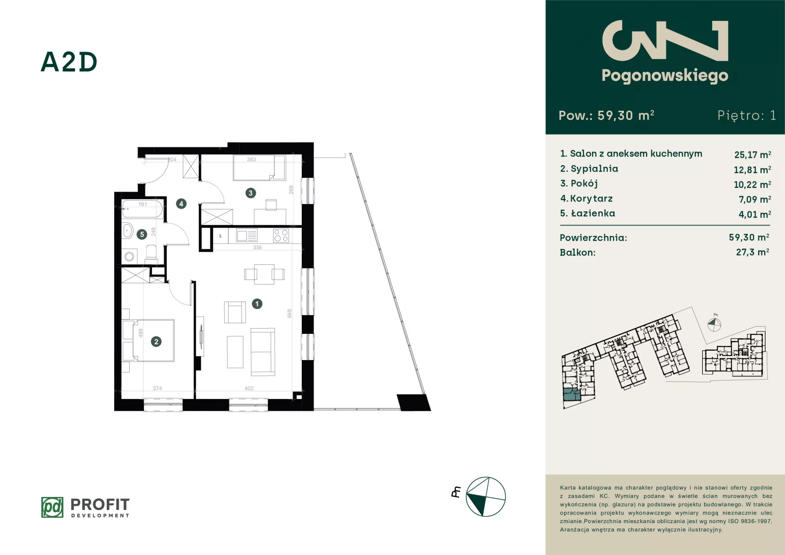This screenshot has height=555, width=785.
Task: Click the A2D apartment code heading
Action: (x=69, y=63)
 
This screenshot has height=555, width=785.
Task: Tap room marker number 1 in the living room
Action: (x=257, y=304)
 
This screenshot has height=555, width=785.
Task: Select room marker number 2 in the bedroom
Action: (x=156, y=342)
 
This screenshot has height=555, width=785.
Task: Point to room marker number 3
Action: (x=251, y=193)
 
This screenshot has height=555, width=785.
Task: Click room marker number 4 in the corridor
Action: (x=181, y=204)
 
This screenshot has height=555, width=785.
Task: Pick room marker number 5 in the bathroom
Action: (x=142, y=234)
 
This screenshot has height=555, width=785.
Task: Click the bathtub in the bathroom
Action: (x=143, y=209)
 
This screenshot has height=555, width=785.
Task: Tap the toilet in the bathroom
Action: (x=151, y=252)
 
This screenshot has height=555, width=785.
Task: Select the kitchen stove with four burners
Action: (x=281, y=235)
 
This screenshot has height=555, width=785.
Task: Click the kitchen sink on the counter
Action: (x=247, y=236)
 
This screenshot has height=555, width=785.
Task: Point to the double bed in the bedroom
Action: (x=153, y=340)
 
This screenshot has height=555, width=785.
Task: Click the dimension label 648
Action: (x=289, y=313)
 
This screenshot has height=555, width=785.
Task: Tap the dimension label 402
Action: (x=249, y=388)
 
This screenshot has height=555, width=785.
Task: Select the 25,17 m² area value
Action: (x=753, y=154)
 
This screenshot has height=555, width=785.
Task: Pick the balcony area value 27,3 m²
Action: (x=753, y=252)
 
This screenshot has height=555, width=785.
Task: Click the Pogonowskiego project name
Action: (x=665, y=76)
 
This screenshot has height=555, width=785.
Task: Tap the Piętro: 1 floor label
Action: (x=747, y=115)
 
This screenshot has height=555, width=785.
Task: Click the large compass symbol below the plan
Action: (x=486, y=497)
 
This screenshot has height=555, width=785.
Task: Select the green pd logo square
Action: (x=52, y=507)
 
